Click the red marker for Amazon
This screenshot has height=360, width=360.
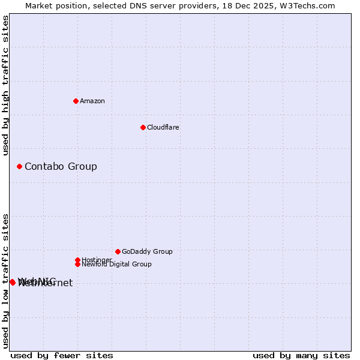tap(76, 101)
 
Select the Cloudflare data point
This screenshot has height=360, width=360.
tap(143, 127)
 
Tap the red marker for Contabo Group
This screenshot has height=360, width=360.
tap(19, 166)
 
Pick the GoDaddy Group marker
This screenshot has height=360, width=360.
tap(118, 251)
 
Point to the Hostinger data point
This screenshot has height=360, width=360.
tap(77, 260)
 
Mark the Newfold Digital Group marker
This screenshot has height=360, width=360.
tap(77, 264)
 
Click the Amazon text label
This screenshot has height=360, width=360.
tap(92, 101)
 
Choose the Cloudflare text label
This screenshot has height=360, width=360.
tap(163, 127)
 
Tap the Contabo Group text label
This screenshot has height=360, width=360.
tap(61, 166)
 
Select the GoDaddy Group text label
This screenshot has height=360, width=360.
tap(147, 251)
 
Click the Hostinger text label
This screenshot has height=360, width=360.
tap(97, 260)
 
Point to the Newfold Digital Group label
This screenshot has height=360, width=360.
tap(116, 264)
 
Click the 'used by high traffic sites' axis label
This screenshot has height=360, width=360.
tap(5, 85)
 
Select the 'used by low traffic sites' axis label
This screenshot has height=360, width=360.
tap(5, 281)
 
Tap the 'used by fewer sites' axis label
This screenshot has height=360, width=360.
tap(62, 355)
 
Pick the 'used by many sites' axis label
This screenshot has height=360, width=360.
tap(301, 355)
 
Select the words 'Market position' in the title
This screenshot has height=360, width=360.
tap(53, 5)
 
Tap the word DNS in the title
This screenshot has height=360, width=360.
tap(128, 5)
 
